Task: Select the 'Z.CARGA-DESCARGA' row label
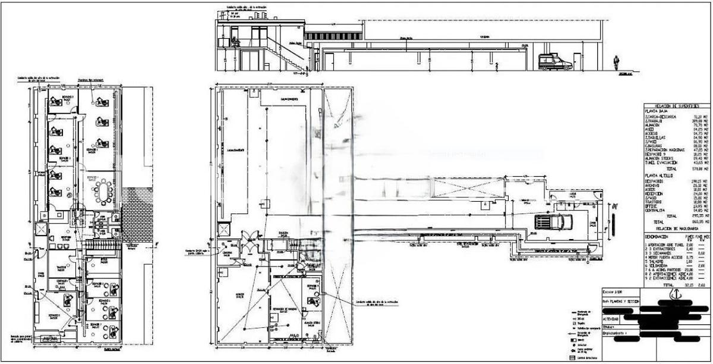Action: [663, 117]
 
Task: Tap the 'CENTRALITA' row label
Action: [657, 211]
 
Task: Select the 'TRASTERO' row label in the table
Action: [656, 202]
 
